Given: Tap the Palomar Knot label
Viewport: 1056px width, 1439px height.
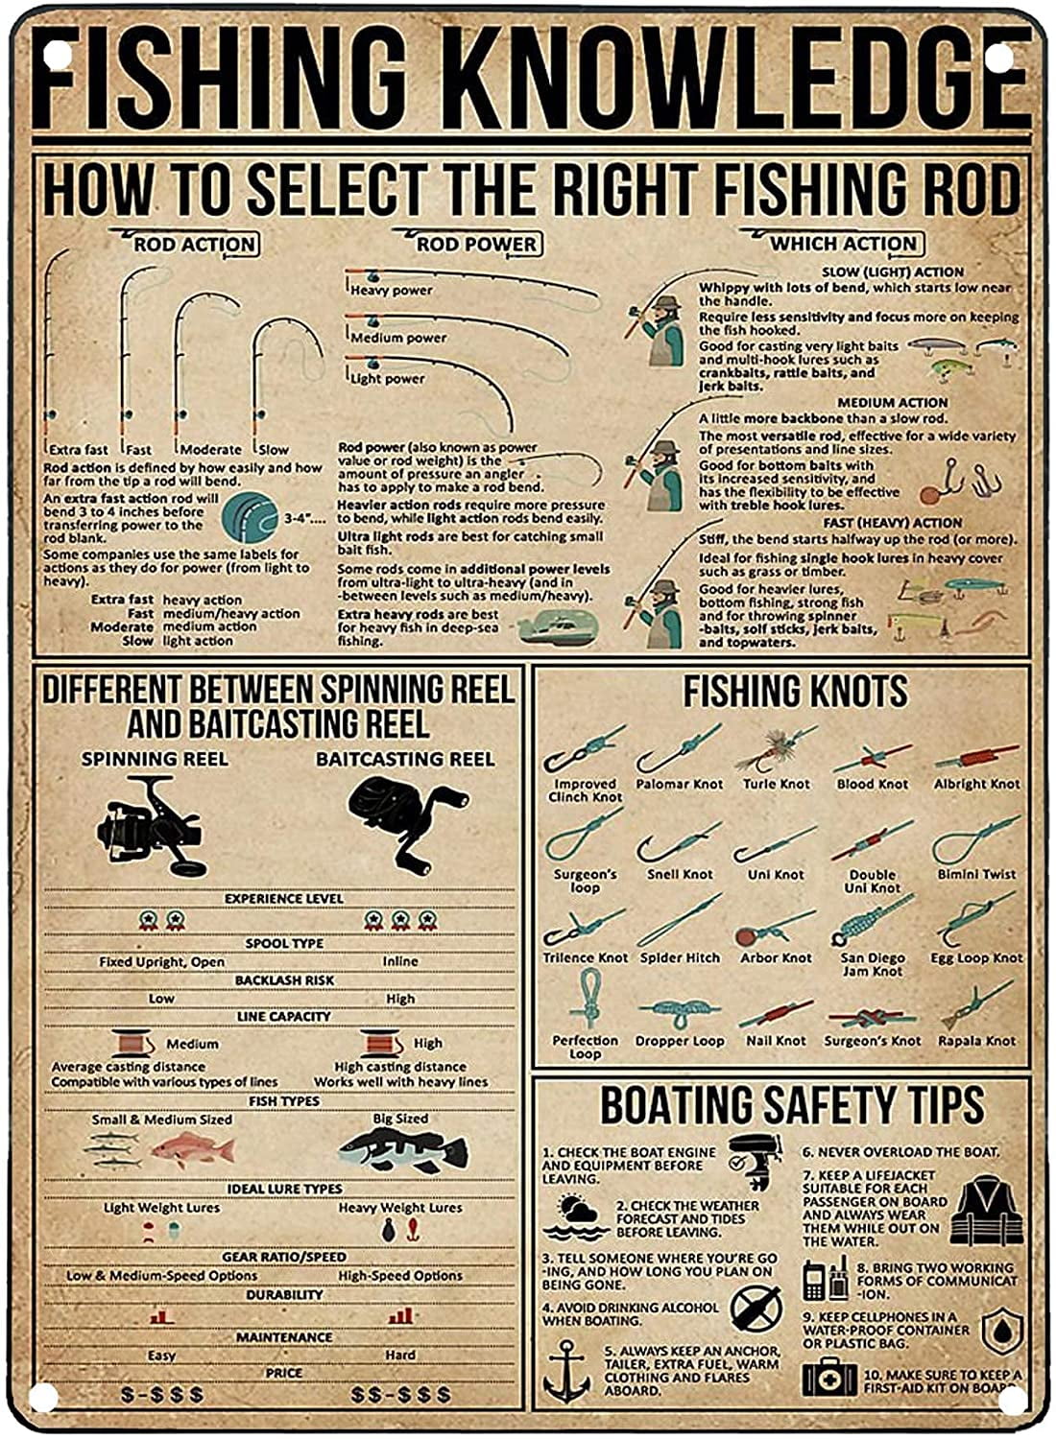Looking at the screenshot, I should click(680, 784).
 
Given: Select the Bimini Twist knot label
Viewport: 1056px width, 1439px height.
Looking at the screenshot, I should click(976, 874).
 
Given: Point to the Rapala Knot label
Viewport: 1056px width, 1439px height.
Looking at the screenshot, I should click(976, 1040).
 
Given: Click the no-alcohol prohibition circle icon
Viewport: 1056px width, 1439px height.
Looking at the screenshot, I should click(756, 1307).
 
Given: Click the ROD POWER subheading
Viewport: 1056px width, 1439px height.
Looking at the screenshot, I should click(477, 245).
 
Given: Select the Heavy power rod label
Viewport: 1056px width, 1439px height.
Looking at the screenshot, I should click(392, 290).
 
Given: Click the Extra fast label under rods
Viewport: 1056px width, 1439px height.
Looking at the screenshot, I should click(79, 449).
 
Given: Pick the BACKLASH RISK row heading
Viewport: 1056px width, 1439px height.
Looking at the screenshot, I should click(284, 980).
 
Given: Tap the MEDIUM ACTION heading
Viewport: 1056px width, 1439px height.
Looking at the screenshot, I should click(893, 403).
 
